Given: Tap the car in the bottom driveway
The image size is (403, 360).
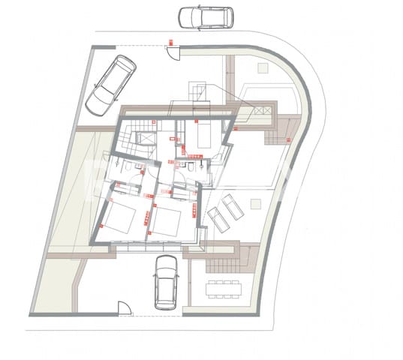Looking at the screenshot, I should [166, 280].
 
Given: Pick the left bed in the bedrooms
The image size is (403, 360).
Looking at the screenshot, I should [119, 217].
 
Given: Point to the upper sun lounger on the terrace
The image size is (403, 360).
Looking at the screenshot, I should [232, 205].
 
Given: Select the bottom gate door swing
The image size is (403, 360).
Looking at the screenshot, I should [125, 307].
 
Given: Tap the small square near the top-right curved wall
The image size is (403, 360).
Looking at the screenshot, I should [263, 67].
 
